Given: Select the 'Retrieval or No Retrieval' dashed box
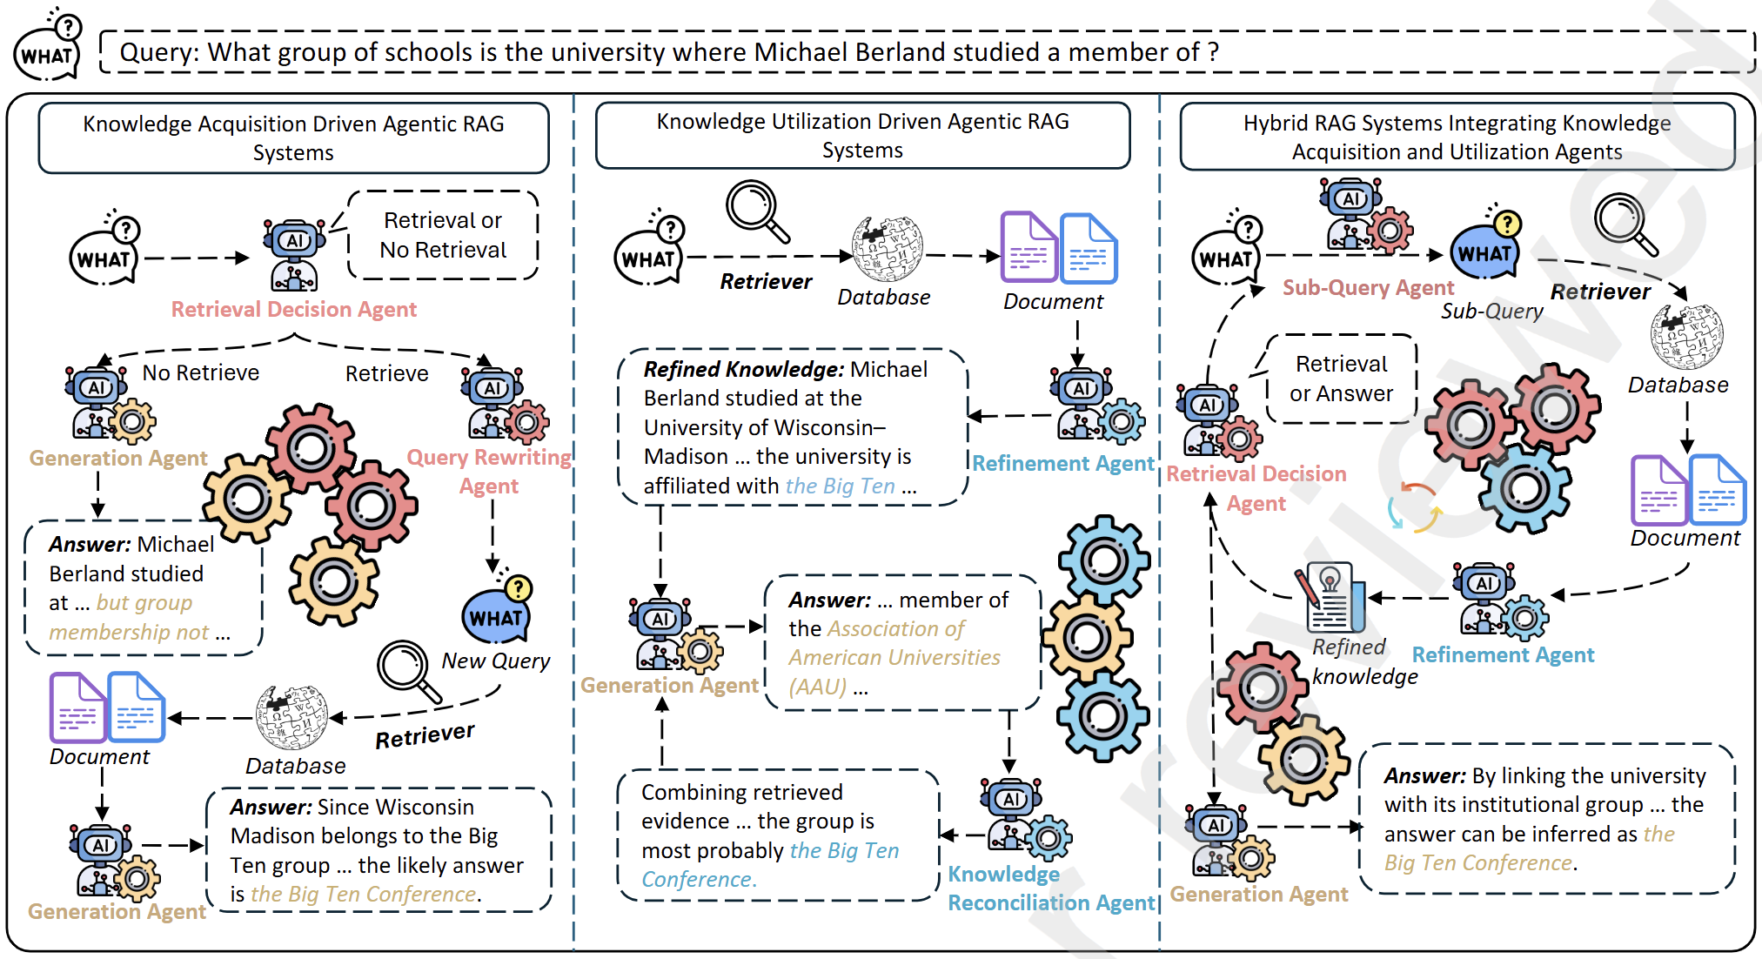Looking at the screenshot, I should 443,235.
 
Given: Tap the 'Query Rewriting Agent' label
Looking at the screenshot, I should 489,471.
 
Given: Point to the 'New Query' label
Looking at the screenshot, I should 495,661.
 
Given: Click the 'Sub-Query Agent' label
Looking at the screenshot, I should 1368,288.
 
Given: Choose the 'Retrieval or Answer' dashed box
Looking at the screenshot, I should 1341,379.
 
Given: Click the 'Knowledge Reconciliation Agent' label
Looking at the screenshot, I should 1050,889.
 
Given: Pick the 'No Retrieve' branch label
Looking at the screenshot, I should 201,373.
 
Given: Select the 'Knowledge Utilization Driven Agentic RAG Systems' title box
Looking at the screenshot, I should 862,136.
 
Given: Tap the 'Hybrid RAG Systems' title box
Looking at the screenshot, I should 1457,137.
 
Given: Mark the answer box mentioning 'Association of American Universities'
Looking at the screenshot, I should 901,643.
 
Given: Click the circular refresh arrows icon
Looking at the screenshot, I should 1413,507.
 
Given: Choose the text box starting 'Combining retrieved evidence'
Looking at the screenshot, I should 777,835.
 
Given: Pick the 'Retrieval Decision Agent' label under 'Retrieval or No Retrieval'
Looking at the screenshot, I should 293,310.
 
